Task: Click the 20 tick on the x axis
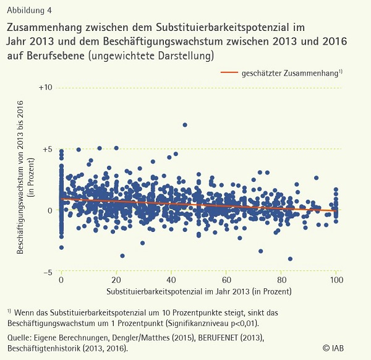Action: [116, 280]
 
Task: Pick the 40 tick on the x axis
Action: [171, 280]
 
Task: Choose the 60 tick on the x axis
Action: [226, 280]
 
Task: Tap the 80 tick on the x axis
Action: [281, 280]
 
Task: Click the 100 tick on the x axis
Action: [336, 280]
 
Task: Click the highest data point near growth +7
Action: [184, 124]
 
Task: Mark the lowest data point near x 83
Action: [290, 259]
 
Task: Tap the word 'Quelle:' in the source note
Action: [20, 338]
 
